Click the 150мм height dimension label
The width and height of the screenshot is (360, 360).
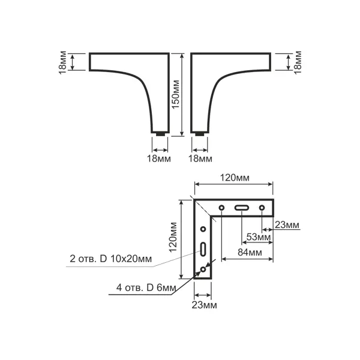(x=176, y=94)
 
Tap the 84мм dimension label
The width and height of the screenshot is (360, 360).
(x=250, y=253)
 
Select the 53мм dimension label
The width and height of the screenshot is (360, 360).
(x=259, y=237)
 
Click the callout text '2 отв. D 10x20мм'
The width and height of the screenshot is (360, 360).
(x=110, y=259)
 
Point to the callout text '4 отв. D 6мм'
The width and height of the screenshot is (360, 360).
(x=146, y=287)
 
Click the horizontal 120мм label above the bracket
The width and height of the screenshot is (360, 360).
(x=235, y=178)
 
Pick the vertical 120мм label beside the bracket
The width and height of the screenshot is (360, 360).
(x=173, y=237)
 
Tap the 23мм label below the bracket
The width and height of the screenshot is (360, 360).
(x=205, y=305)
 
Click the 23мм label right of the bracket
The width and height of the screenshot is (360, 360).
(x=287, y=225)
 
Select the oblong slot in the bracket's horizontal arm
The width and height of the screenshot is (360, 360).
(x=242, y=208)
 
